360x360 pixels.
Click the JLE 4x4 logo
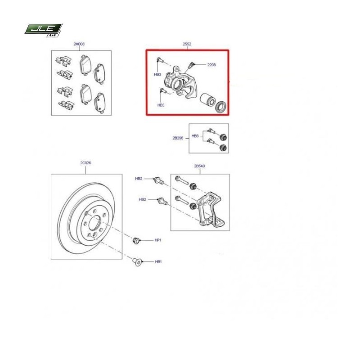(x=44, y=30)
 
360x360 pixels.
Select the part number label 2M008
(x=79, y=44)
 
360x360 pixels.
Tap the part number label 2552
(x=187, y=44)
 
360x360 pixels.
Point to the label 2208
(x=211, y=65)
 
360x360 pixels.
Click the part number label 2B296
(x=178, y=138)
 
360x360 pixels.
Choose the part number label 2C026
(x=85, y=163)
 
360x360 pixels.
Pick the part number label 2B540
(x=199, y=166)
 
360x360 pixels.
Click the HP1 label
(x=158, y=240)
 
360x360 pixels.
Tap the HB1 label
(x=158, y=261)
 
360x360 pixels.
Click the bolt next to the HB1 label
(x=137, y=262)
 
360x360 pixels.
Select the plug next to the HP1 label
(x=136, y=240)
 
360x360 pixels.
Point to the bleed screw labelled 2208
(x=191, y=65)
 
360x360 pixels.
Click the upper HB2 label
(x=139, y=179)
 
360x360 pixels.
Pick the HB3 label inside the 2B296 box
(x=195, y=136)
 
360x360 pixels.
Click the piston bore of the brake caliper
(x=178, y=84)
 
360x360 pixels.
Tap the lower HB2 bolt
(x=162, y=201)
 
